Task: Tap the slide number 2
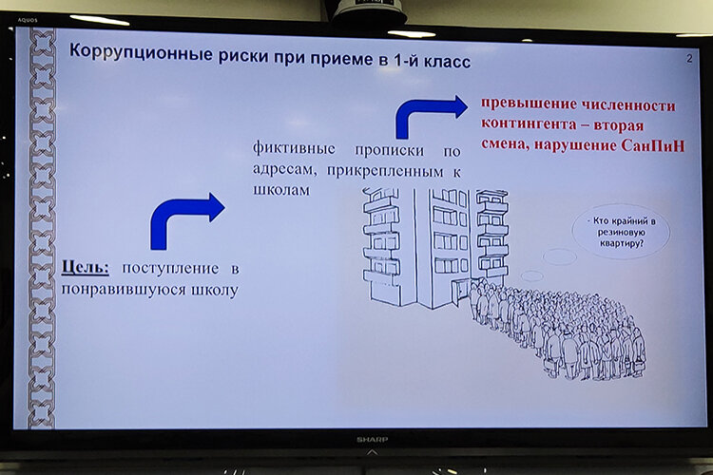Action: [688, 59]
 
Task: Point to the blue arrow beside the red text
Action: [430, 115]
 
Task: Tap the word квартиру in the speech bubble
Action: [621, 242]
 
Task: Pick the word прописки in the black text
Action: [388, 150]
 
